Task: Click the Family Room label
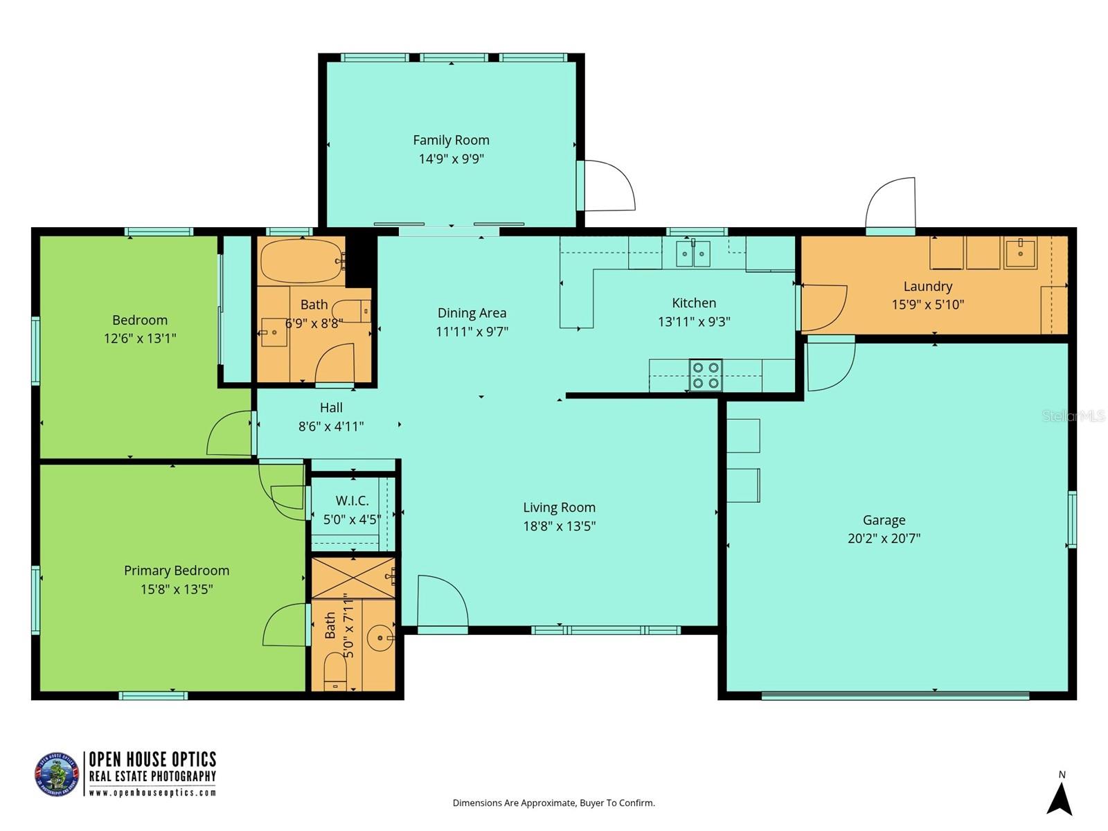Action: coord(451,140)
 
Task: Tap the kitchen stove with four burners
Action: coord(706,375)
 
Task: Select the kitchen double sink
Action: coord(693,254)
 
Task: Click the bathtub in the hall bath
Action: coord(301,261)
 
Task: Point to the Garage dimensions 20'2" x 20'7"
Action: coord(884,539)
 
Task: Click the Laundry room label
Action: coord(927,286)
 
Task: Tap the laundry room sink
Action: coord(1020,253)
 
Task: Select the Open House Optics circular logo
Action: coord(57,774)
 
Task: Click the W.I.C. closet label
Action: coord(352,501)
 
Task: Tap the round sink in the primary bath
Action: coord(379,638)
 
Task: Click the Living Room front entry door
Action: coord(441,602)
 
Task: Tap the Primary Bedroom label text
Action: coord(176,571)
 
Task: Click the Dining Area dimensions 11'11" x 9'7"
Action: coord(472,332)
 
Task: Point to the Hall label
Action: coord(331,408)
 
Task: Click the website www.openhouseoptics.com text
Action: coord(152,793)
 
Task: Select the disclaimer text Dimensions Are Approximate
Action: coord(553,803)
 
